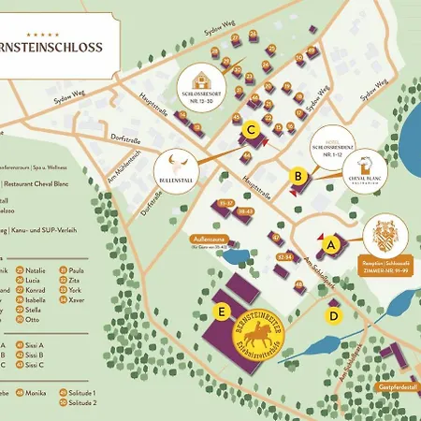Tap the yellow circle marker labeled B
[x=298, y=174]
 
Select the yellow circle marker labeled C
[x=250, y=131]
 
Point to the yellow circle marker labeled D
[x=334, y=315]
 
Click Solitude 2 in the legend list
[x=81, y=402]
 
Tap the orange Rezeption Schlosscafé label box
[x=385, y=265]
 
